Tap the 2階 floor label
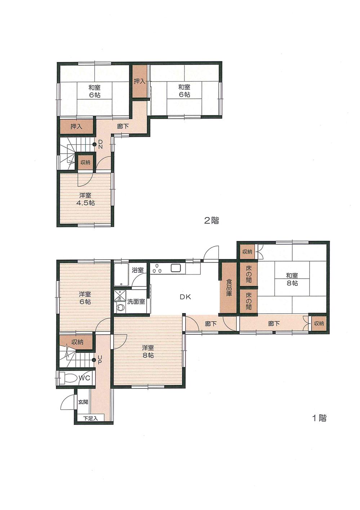[212, 220]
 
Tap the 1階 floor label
[319, 418]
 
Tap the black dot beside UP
[94, 359]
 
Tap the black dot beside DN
[94, 144]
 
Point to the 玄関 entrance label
[83, 402]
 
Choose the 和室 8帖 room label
[292, 280]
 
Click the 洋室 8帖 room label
[148, 351]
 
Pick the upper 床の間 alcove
[249, 274]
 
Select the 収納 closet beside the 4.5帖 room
[85, 163]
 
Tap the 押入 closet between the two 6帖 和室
[139, 82]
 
